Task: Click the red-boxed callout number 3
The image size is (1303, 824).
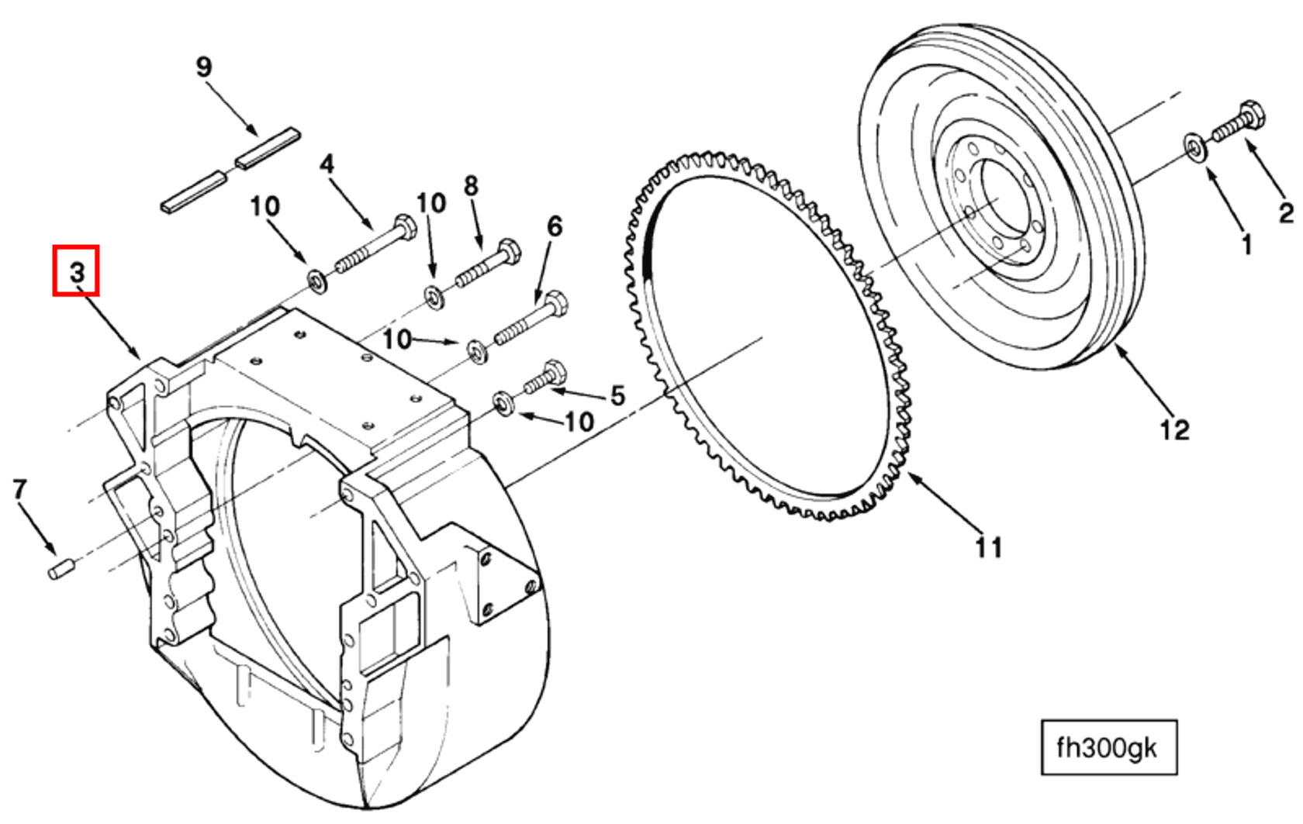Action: click(76, 271)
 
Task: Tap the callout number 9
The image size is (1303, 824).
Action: click(203, 67)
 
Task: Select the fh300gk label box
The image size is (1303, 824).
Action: click(1108, 747)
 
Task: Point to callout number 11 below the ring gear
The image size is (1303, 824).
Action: click(989, 547)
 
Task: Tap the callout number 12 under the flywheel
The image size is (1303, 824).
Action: click(1173, 429)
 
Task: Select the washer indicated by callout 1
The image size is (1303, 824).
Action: click(1194, 147)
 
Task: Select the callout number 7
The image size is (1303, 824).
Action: click(19, 489)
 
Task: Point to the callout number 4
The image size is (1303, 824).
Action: click(327, 164)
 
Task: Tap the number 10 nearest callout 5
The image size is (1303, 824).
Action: click(579, 422)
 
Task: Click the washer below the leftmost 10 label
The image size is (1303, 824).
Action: click(316, 281)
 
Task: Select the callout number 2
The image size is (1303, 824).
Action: click(1286, 212)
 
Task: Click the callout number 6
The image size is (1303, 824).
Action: click(554, 226)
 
